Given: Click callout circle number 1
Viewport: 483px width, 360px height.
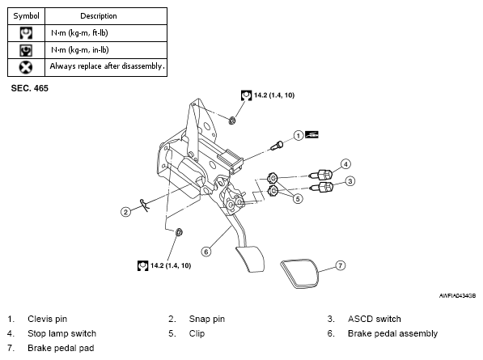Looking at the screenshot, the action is (x=298, y=135).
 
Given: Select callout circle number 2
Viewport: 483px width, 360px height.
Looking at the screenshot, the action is (x=125, y=212).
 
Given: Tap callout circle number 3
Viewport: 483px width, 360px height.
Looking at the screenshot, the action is (x=350, y=181).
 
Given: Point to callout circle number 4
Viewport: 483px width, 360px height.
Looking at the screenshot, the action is (x=345, y=164).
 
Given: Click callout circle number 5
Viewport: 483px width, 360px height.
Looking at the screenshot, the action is (x=298, y=199).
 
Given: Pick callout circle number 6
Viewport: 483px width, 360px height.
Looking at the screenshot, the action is (x=206, y=252).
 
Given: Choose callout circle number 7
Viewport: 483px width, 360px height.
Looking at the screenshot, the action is (x=340, y=265).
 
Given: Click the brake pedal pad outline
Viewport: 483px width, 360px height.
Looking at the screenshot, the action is (x=299, y=273).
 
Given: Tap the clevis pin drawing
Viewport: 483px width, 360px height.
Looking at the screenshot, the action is (x=277, y=146).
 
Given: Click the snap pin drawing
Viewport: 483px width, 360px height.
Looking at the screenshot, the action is (x=144, y=205).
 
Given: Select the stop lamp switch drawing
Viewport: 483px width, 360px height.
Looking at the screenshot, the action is (x=321, y=175).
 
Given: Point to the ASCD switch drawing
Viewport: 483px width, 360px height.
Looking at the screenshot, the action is (x=321, y=187).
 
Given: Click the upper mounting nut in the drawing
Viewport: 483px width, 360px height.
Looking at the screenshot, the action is (x=232, y=120).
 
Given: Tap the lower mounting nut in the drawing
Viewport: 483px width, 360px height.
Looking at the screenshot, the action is (x=179, y=232).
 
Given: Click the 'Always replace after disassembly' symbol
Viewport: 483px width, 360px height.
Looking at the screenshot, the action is (x=26, y=67).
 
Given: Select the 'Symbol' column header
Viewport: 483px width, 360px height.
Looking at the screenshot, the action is (x=26, y=16).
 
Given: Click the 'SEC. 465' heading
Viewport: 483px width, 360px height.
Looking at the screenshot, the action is (x=30, y=88).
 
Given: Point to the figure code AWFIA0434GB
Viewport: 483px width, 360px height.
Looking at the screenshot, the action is (x=457, y=295).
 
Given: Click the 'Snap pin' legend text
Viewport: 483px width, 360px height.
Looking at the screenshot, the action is (x=207, y=319).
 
